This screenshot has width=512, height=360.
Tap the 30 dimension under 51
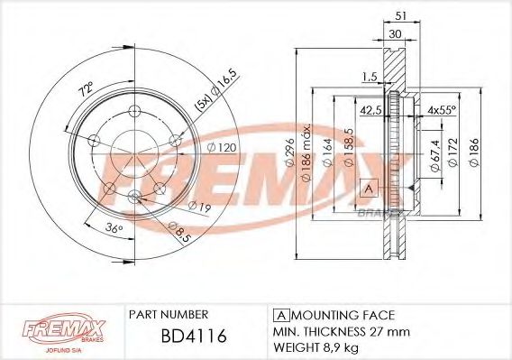coord(395,33)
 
